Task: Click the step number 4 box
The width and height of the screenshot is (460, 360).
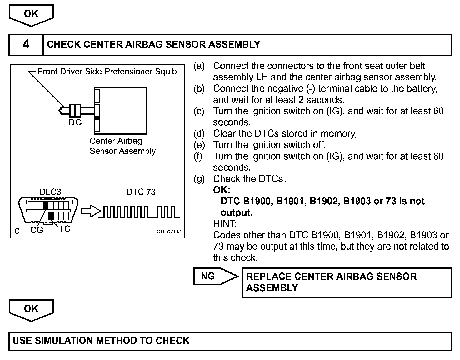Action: pos(26,45)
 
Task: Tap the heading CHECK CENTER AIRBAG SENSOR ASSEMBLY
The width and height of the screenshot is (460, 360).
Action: pos(153,45)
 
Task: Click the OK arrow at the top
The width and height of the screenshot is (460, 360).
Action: pos(31,14)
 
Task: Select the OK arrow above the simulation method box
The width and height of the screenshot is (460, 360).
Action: pos(31,309)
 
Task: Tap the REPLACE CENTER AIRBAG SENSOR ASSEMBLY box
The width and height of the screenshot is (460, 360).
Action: pos(347,282)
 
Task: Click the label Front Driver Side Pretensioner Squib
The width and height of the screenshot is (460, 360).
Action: pos(107,72)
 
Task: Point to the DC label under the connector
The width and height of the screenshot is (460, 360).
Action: pos(75,123)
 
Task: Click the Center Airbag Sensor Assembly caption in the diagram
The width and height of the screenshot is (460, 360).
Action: pos(122,146)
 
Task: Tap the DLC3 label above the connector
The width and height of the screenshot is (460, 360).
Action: pos(50,192)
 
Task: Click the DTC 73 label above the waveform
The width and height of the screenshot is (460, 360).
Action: pos(141,192)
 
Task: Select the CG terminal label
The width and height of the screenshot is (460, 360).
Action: pos(37,230)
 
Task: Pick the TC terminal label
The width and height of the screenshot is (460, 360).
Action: pos(65,229)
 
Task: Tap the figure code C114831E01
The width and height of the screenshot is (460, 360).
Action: pos(169,232)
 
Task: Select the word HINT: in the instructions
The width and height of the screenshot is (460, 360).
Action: pos(225,224)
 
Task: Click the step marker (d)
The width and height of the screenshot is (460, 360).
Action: pos(199,134)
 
